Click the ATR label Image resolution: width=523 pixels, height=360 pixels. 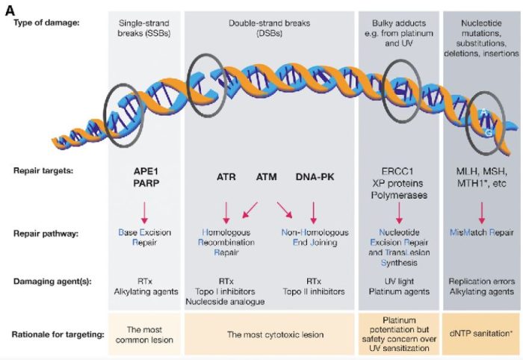(x=226, y=176)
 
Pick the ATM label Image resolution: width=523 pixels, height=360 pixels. (x=267, y=176)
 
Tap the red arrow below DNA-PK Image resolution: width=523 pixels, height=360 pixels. (x=313, y=210)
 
